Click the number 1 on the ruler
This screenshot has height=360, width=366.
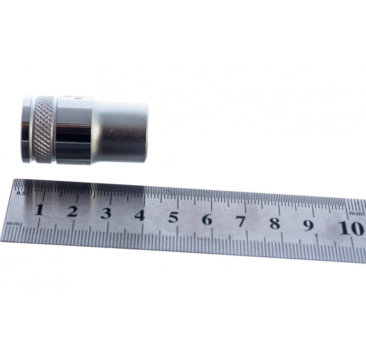tap(39, 209)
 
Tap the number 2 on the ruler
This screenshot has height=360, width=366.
tap(73, 211)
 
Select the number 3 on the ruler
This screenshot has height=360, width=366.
tap(106, 213)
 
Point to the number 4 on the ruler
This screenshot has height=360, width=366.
tap(140, 215)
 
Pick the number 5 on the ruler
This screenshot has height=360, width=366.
tap(173, 218)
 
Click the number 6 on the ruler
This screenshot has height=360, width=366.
tap(207, 220)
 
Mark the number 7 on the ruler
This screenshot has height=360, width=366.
tap(240, 222)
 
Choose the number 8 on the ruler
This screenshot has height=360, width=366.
tap(275, 224)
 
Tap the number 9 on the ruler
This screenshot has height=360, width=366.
tap(309, 225)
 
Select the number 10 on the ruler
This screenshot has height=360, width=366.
tap(351, 228)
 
